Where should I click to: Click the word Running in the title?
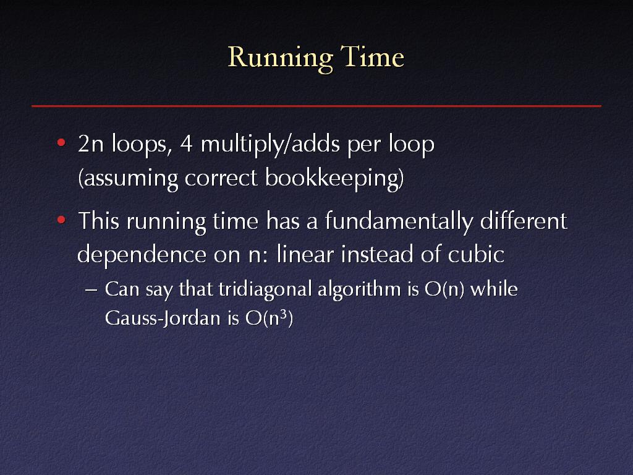[x=280, y=59]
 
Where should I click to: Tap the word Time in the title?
[x=372, y=56]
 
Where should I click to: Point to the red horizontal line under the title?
[x=316, y=106]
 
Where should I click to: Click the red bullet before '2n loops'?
[x=61, y=142]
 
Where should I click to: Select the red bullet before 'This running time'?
[x=61, y=220]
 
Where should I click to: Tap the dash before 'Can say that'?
[x=91, y=290]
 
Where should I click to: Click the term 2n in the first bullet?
[x=91, y=143]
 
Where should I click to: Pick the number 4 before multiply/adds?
[x=186, y=143]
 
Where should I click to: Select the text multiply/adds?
[x=270, y=144]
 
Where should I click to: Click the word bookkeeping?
[x=334, y=178]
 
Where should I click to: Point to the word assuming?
[x=128, y=179]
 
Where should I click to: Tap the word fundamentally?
[x=399, y=222]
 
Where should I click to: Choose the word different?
[x=524, y=221]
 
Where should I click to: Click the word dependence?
[x=142, y=255]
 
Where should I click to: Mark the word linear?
[x=305, y=254]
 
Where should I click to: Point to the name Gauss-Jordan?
[x=163, y=319]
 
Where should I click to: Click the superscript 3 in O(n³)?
[x=284, y=314]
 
